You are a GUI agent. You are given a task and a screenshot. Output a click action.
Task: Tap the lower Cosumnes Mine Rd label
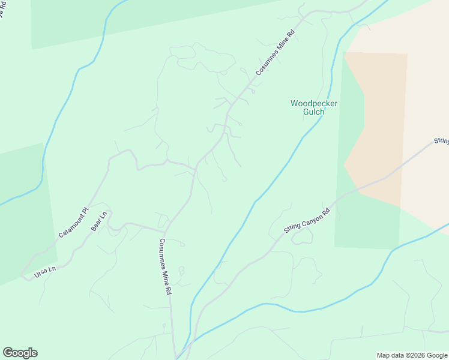click(165, 266)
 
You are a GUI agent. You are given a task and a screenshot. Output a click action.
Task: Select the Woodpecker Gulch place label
click(314, 107)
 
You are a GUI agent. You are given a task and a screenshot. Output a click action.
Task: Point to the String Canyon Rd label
click(307, 221)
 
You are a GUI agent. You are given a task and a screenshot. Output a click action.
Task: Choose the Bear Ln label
click(99, 221)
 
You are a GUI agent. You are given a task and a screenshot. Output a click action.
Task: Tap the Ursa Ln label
click(45, 271)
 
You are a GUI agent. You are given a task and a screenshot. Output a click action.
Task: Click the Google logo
click(20, 353)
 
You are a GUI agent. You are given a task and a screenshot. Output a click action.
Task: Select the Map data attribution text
click(411, 355)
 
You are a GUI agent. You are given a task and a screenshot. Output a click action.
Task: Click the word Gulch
click(314, 112)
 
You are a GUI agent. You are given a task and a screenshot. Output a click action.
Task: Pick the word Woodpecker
click(314, 103)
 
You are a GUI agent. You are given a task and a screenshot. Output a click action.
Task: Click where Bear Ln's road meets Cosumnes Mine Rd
click(164, 231)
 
